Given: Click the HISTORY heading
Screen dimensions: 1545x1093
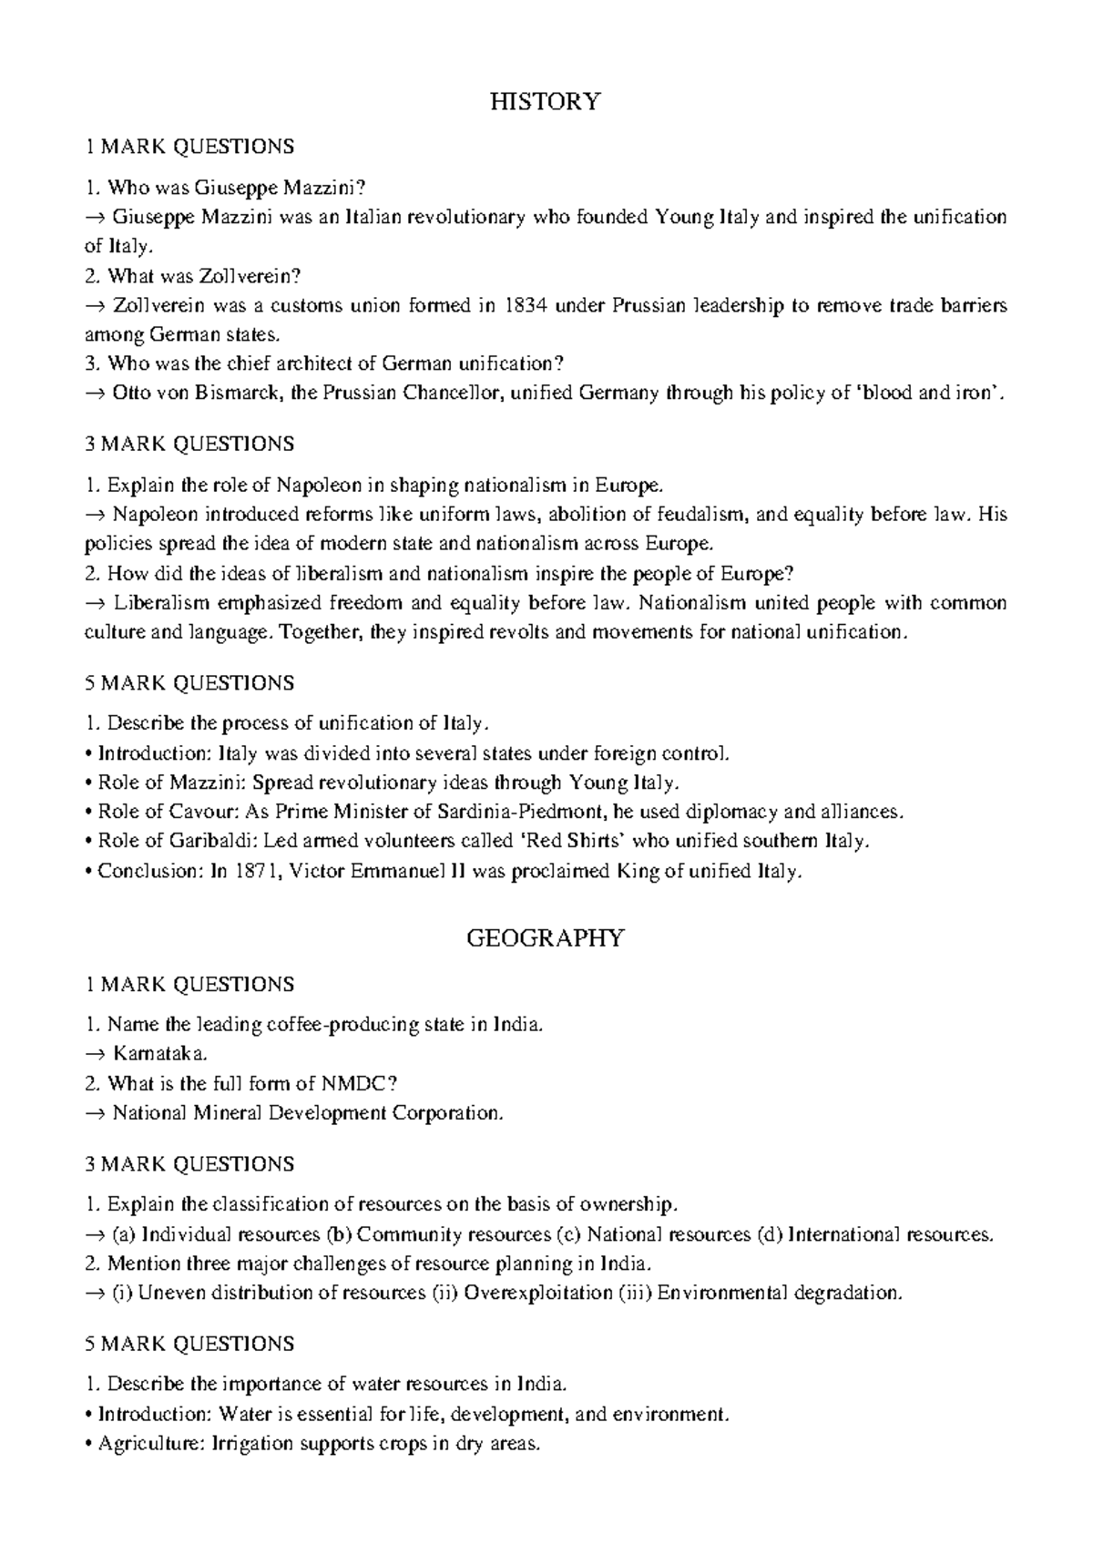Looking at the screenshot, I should (546, 101).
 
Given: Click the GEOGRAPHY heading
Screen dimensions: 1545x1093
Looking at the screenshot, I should (546, 937).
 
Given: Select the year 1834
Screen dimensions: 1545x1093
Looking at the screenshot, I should (526, 305).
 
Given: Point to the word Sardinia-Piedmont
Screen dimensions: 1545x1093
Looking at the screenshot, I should (523, 812).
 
